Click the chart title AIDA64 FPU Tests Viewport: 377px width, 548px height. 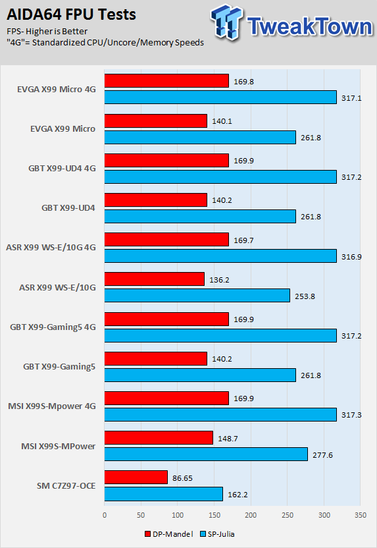tap(71, 14)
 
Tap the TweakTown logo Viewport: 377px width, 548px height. tap(292, 22)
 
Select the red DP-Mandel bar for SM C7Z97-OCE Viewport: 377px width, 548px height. tap(136, 478)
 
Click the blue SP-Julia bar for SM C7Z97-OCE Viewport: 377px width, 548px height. tap(163, 494)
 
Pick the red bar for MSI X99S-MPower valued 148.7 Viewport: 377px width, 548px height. tap(159, 437)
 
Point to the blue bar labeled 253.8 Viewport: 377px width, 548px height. tap(197, 295)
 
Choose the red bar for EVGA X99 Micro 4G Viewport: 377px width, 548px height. tap(166, 81)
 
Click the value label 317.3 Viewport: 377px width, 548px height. tap(351, 415)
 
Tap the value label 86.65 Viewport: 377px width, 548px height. tap(182, 478)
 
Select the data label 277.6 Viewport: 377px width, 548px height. tap(322, 455)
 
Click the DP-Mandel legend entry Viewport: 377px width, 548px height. tap(168, 534)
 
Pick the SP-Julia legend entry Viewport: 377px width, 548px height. tap(217, 534)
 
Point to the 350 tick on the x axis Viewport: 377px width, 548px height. tap(361, 515)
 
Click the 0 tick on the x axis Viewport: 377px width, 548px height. tap(105, 515)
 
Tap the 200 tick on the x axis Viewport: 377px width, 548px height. tap(251, 515)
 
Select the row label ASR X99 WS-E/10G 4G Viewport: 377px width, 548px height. tap(51, 248)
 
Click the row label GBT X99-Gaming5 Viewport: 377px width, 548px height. tap(59, 367)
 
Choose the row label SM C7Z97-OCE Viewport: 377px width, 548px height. tap(66, 486)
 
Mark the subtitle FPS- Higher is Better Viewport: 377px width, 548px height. tap(47, 32)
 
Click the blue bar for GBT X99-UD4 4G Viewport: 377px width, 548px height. tap(220, 177)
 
